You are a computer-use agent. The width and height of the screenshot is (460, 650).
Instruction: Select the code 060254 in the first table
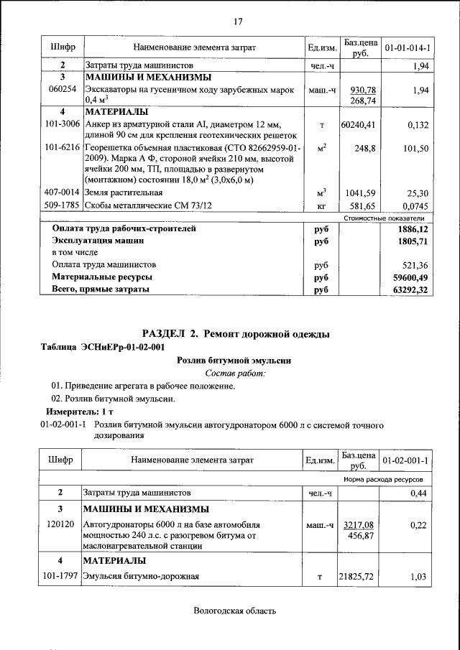[62, 90]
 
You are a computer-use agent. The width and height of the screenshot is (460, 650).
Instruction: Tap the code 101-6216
[62, 147]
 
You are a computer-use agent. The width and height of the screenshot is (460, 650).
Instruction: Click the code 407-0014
[62, 192]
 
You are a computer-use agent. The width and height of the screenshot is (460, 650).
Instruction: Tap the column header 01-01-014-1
[408, 47]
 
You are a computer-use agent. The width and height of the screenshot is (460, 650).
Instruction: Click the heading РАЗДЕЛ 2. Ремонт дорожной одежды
[236, 333]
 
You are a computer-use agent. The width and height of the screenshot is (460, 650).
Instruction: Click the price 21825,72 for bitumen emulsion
[358, 576]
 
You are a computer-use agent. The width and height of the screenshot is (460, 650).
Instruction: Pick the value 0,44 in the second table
[418, 493]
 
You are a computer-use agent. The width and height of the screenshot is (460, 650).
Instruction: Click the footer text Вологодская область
[234, 611]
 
